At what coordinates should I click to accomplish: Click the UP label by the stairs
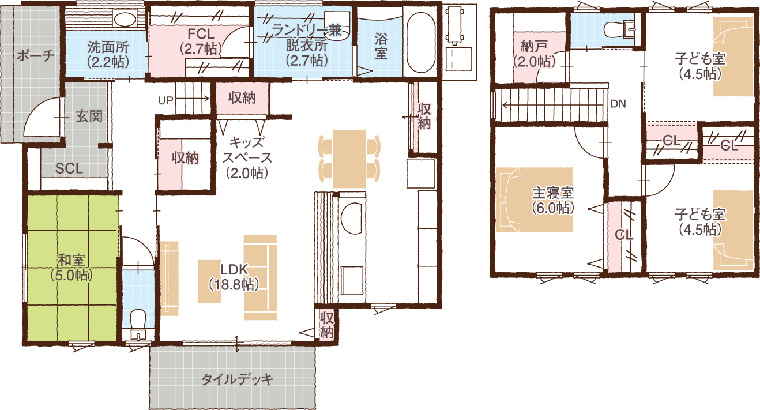[165, 100]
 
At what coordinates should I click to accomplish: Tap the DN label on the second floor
[618, 104]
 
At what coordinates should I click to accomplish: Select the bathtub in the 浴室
[420, 43]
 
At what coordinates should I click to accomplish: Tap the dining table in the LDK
[349, 159]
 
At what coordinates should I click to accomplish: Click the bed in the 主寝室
[535, 200]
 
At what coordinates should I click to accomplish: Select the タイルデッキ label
[237, 379]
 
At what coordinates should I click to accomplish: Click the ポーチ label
[35, 55]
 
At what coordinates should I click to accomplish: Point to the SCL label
[69, 169]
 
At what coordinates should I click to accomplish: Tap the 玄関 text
[89, 116]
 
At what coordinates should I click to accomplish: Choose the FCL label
[201, 34]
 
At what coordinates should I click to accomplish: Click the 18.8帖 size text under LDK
[235, 284]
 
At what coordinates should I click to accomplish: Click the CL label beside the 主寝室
[623, 234]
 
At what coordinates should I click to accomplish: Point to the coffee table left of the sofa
[210, 281]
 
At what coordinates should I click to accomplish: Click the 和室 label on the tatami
[72, 260]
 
